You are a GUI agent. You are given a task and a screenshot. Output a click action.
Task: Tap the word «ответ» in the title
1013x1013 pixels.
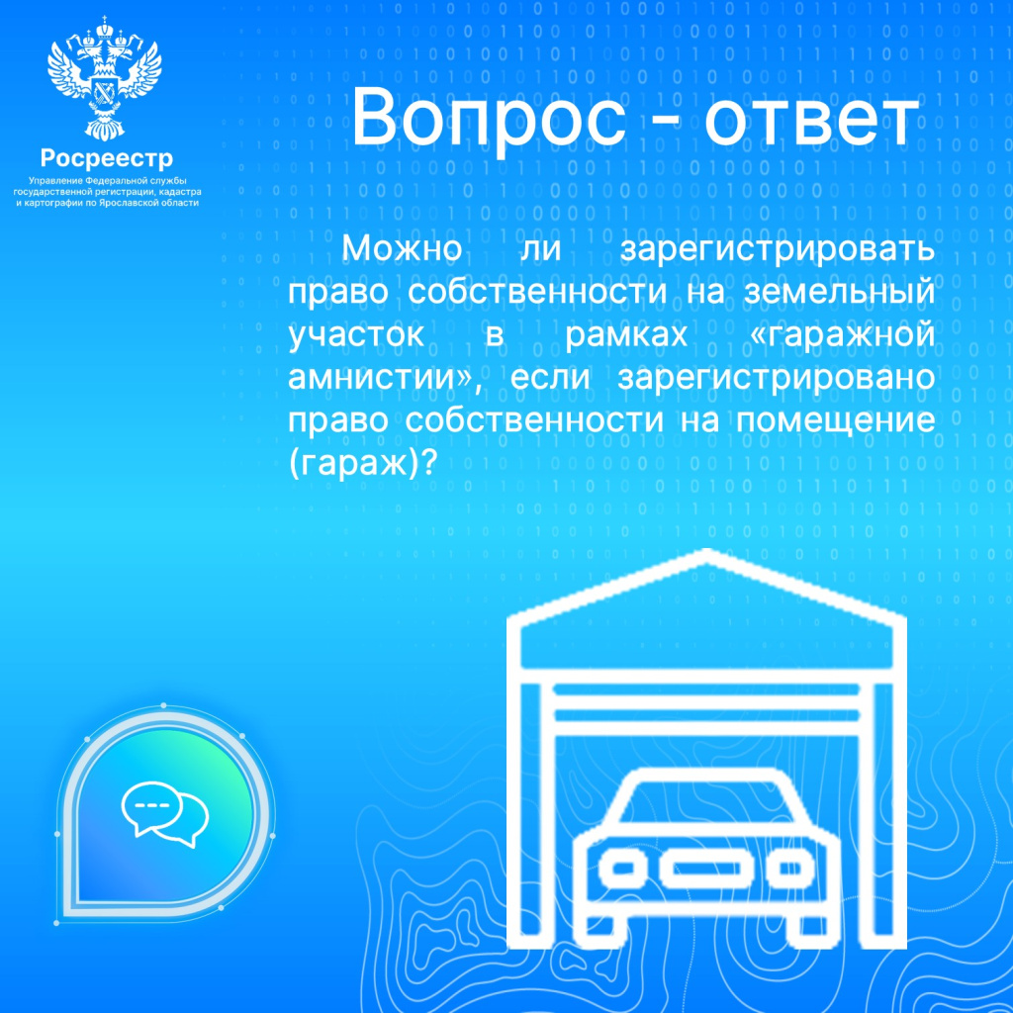[809, 119]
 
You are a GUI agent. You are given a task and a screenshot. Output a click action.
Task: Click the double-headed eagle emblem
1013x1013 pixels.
[105, 75]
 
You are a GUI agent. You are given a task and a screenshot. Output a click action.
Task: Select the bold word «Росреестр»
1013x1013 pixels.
[107, 158]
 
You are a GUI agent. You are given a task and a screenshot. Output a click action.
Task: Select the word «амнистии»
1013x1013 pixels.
[376, 378]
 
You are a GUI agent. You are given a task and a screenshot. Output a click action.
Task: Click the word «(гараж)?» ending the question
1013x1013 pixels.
[362, 464]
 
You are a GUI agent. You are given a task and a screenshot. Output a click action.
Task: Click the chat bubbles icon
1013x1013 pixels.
[164, 816]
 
